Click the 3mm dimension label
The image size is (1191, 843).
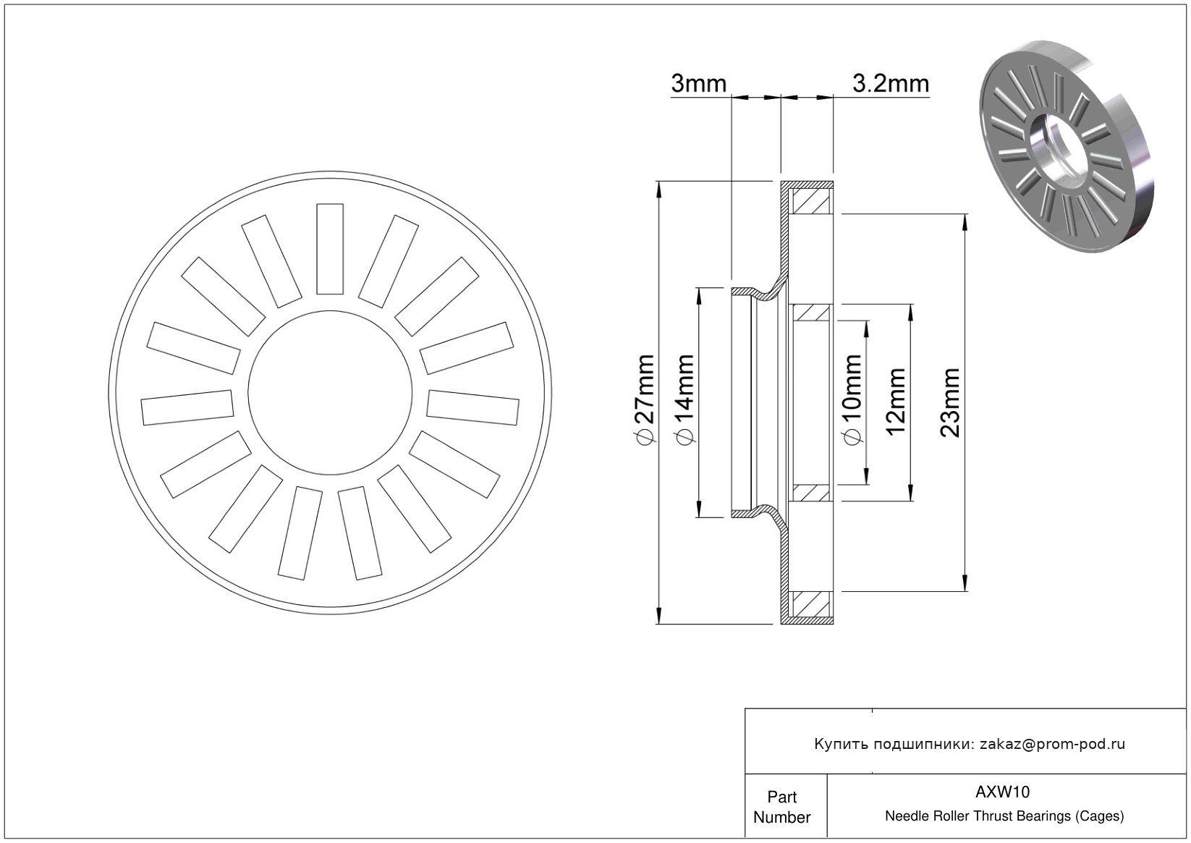coord(698,83)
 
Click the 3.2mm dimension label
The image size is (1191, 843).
coord(891,83)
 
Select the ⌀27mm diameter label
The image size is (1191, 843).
coord(644,399)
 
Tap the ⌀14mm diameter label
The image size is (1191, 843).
coord(684,399)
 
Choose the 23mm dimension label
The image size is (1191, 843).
coord(950,402)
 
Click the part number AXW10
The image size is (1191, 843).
coord(1002,792)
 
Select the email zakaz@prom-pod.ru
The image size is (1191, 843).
coord(1052,744)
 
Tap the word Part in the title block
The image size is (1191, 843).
coord(781,797)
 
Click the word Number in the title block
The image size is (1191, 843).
coord(781,817)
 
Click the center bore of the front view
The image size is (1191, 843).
coord(330,392)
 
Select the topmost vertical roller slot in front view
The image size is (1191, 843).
coord(330,249)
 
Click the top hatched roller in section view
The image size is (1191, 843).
coord(811,201)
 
